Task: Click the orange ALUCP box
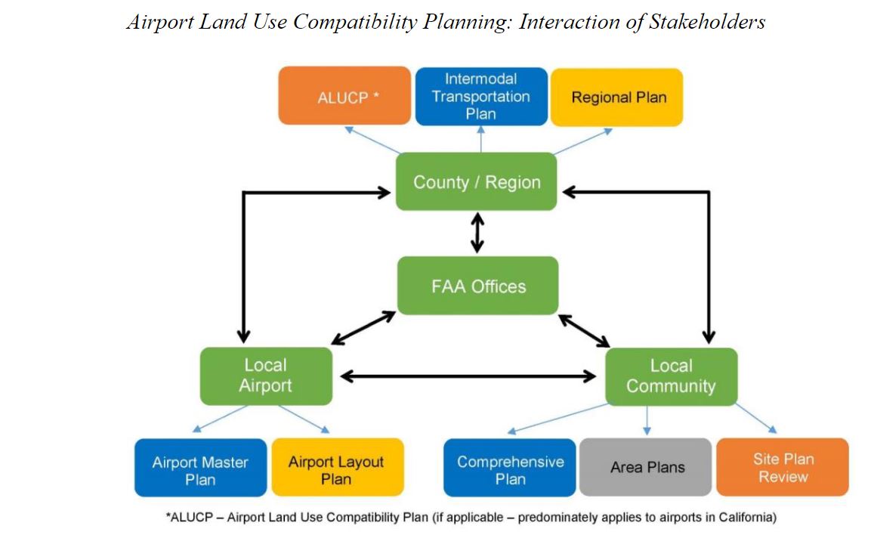[344, 96]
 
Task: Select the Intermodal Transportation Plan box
[481, 96]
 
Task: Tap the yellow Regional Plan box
[616, 97]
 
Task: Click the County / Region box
[476, 181]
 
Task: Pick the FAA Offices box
[477, 286]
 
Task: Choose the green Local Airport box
[266, 376]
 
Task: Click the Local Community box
[671, 377]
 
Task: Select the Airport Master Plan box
[201, 468]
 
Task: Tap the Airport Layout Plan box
[337, 467]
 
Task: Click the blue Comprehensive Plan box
[509, 468]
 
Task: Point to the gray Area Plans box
[645, 467]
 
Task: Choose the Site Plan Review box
[783, 467]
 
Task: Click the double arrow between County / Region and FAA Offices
[477, 233]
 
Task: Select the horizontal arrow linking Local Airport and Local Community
[468, 377]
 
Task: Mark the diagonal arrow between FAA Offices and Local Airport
[363, 328]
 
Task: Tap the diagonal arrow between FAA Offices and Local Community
[584, 331]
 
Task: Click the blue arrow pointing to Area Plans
[647, 420]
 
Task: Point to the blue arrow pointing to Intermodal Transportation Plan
[481, 139]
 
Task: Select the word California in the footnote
[747, 517]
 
